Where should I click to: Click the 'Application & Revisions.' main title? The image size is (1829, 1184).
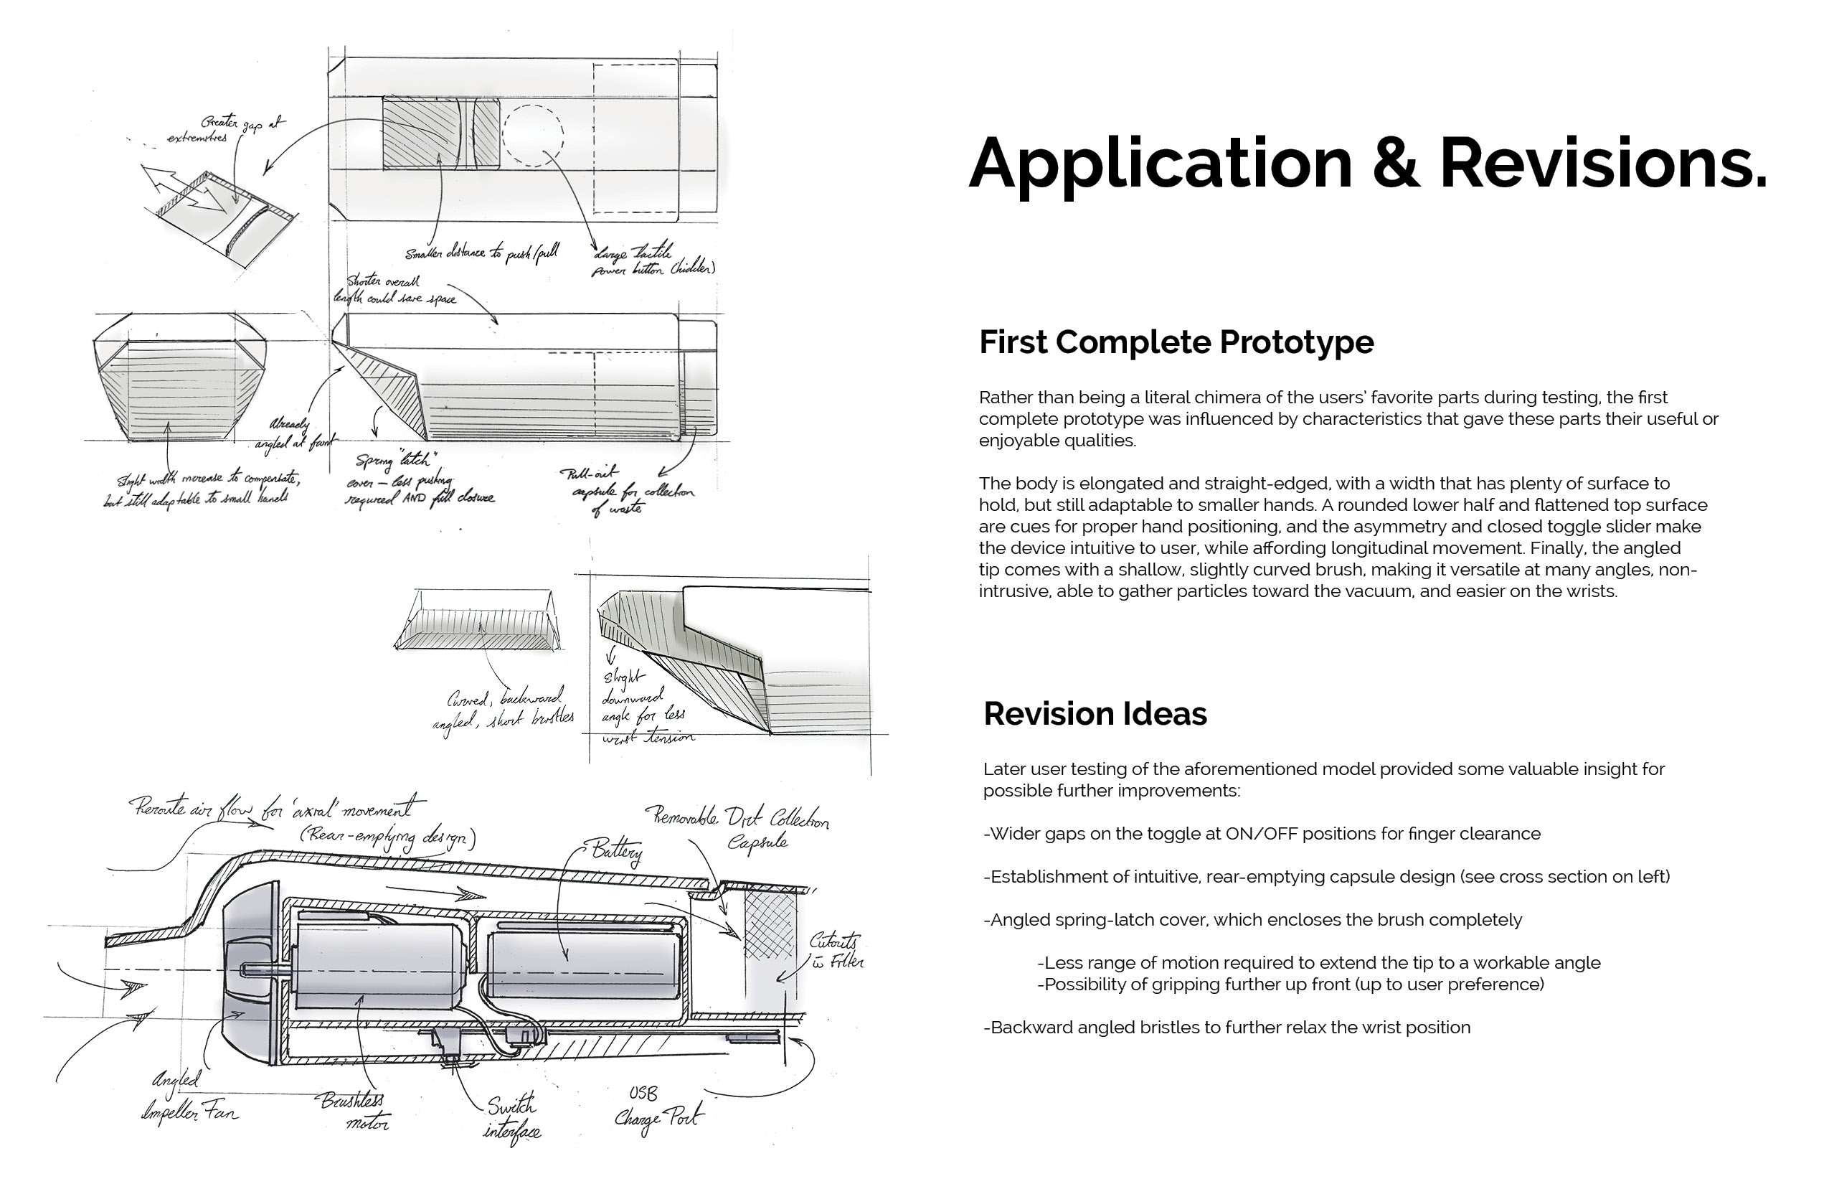pyautogui.click(x=1367, y=163)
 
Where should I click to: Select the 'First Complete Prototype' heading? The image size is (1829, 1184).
pyautogui.click(x=1176, y=342)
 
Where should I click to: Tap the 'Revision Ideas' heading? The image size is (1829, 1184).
pyautogui.click(x=1095, y=714)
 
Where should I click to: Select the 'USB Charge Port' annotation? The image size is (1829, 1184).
pyautogui.click(x=657, y=1107)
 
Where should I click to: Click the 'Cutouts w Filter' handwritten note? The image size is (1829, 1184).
pyautogui.click(x=836, y=951)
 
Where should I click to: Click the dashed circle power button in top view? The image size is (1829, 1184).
pyautogui.click(x=534, y=133)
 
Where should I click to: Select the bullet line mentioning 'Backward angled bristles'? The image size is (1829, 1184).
pyautogui.click(x=1227, y=1028)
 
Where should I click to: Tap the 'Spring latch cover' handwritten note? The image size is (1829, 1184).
pyautogui.click(x=419, y=480)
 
